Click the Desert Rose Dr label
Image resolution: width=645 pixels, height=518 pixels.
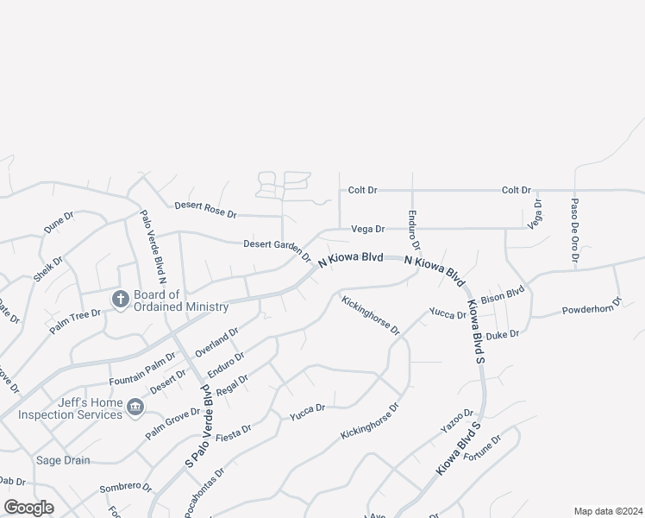pyautogui.click(x=205, y=209)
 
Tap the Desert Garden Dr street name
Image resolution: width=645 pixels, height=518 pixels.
pyautogui.click(x=276, y=248)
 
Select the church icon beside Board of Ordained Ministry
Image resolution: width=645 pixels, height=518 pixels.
pyautogui.click(x=120, y=299)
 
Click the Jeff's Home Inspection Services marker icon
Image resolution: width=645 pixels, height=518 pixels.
pyautogui.click(x=134, y=407)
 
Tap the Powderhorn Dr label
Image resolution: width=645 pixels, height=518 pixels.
pyautogui.click(x=592, y=310)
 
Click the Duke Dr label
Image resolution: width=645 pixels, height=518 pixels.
pyautogui.click(x=503, y=334)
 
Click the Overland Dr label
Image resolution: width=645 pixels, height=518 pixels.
pyautogui.click(x=216, y=343)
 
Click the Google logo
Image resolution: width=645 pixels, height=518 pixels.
pyautogui.click(x=28, y=508)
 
